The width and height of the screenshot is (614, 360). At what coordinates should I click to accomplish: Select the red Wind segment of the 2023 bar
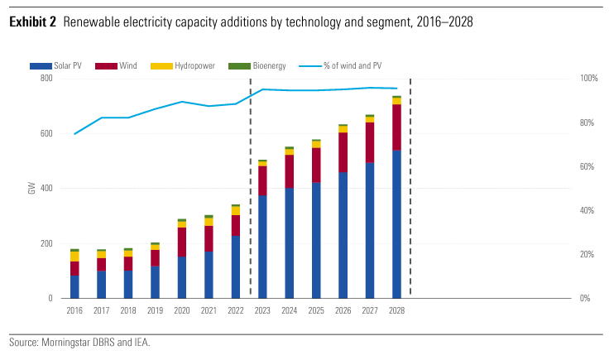pos(262,180)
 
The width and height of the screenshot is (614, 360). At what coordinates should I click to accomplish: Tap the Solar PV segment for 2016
pos(74,286)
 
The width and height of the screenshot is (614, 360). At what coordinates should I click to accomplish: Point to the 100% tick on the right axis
pos(589,79)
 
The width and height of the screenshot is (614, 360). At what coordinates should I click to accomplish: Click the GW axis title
pos(31,189)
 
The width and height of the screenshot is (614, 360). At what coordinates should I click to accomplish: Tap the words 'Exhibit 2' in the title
pos(32,22)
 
